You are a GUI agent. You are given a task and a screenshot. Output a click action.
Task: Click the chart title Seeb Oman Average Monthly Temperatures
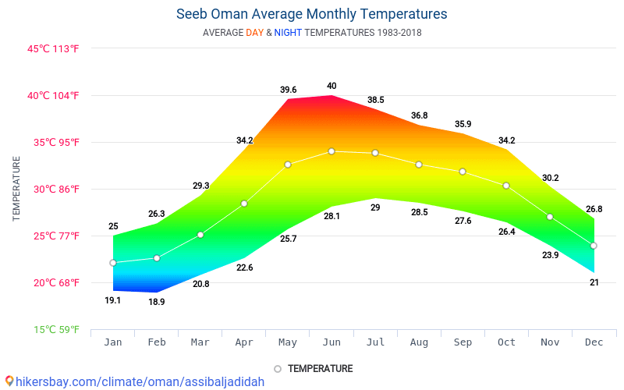coord(312,14)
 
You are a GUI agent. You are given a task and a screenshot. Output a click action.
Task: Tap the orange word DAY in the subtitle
coord(254,33)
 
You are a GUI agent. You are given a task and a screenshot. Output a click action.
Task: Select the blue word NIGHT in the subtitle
coord(289,33)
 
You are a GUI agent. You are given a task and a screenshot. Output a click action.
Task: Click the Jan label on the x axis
coord(113,342)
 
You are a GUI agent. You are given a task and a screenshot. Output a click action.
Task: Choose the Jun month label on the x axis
coord(331,342)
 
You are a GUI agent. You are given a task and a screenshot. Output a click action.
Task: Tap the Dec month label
coord(594,342)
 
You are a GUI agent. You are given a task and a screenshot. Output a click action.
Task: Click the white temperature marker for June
coord(331,151)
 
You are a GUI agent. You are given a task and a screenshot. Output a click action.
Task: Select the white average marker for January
coord(113,263)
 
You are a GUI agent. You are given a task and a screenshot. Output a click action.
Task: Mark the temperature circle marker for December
coord(594,246)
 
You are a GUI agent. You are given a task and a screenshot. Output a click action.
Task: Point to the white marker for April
coord(244,204)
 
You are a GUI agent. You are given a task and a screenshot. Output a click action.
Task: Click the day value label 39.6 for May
coord(289,90)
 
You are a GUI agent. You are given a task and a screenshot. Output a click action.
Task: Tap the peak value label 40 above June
coord(331,86)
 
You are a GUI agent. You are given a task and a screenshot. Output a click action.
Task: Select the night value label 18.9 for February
coord(157,302)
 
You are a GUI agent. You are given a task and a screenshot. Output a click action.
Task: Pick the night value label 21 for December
coord(594,282)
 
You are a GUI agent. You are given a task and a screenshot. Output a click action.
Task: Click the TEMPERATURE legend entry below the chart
coord(314,368)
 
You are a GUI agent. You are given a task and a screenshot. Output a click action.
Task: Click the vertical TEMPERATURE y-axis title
coord(16,188)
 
